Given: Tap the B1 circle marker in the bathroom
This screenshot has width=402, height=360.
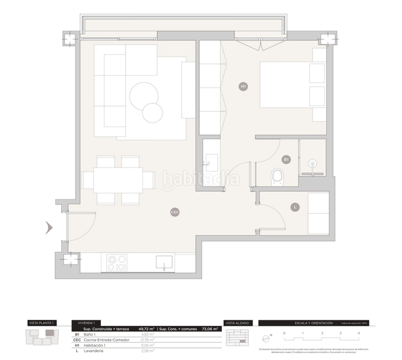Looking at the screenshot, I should tap(286, 160).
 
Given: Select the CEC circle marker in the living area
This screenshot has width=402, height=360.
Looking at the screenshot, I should tap(175, 212).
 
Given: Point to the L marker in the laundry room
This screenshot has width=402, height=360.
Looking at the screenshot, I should tap(295, 208).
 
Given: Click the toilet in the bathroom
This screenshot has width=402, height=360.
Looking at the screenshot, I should tap(277, 176).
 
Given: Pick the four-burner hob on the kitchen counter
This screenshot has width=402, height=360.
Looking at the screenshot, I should tap(116, 262).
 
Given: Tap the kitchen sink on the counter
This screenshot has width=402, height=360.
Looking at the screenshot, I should tap(164, 262).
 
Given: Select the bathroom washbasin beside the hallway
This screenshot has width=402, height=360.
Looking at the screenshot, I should tap(211, 159).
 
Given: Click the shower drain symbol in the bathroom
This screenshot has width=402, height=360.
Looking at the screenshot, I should tap(312, 163).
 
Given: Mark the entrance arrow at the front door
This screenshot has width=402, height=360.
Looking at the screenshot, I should tap(49, 227).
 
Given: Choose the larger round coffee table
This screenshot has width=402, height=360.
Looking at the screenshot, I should tap(144, 96).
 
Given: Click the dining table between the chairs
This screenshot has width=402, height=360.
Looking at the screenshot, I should tap(118, 179).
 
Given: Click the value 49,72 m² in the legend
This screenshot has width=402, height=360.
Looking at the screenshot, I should tap(146, 329).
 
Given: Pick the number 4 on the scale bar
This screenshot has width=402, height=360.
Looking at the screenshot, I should tap(358, 332).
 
